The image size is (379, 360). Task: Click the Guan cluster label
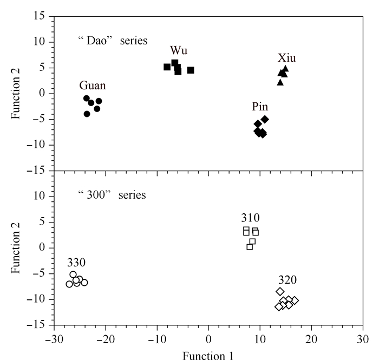coord(93,86)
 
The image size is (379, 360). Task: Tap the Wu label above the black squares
coord(179,50)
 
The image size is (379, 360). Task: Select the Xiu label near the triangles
coord(286,58)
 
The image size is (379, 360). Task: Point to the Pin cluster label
coord(260,107)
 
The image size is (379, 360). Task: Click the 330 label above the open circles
coord(76,263)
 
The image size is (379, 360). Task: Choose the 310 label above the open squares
coord(250,218)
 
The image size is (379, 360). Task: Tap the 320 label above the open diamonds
coord(287,280)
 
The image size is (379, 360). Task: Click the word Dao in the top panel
coord(96,41)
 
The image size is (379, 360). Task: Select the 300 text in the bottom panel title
coord(96,195)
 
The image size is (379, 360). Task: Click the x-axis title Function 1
coord(208,356)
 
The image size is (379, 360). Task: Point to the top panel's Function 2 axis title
coord(15,94)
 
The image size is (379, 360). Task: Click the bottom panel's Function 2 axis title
coord(15,248)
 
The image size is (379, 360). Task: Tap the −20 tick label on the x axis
coord(106,339)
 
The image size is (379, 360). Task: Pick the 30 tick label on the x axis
coord(363,339)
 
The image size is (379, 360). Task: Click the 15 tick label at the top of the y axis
coord(40,16)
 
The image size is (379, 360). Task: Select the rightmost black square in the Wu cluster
coord(191,70)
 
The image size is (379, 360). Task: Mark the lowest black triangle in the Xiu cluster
coord(280,82)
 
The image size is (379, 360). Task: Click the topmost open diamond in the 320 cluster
coord(280,292)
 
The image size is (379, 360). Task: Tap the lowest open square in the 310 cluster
coord(250,247)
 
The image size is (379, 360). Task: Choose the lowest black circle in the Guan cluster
coord(87,114)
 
